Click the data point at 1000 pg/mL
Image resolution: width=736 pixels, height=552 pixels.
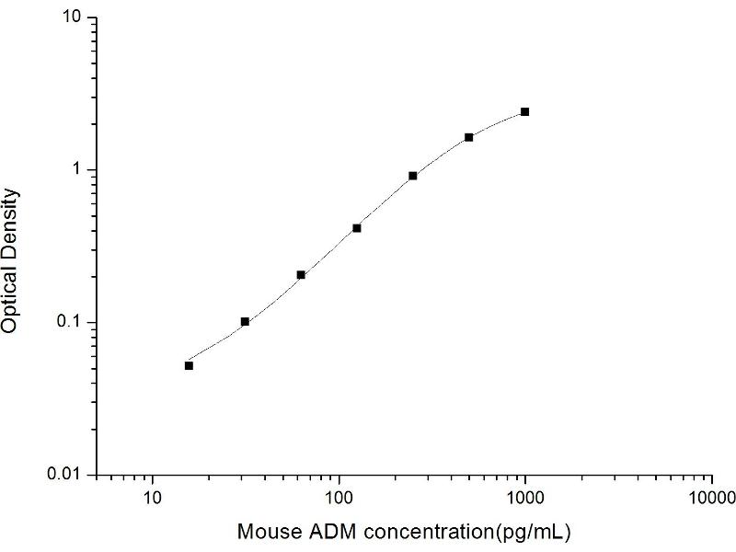click(x=524, y=111)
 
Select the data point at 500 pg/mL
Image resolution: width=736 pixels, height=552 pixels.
click(x=468, y=137)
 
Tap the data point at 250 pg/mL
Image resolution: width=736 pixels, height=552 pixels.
click(x=413, y=175)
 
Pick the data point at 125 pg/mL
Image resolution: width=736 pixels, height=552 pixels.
click(x=357, y=227)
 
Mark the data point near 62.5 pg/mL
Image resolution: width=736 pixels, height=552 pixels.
click(x=301, y=274)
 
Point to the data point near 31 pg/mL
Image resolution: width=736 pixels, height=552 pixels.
click(x=245, y=321)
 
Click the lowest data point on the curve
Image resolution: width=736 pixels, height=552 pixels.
click(x=189, y=365)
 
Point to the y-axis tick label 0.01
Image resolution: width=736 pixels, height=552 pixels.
click(x=68, y=474)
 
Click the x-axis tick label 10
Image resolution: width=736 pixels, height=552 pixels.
click(x=153, y=499)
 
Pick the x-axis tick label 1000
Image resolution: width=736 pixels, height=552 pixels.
click(x=524, y=499)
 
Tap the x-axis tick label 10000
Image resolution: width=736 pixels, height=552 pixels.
click(x=710, y=499)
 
